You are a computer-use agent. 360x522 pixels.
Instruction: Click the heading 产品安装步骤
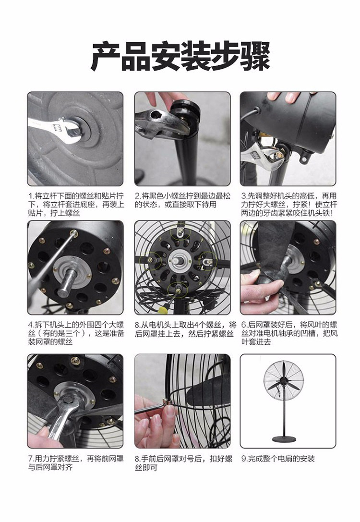coord(180,56)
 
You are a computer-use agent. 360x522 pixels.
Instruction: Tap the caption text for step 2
coord(182,200)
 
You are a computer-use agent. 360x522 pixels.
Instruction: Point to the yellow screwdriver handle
coord(162,311)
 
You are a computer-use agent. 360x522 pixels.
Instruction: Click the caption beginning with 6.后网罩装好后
coord(289,333)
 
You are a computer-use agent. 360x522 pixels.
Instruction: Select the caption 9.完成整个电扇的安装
coord(278,459)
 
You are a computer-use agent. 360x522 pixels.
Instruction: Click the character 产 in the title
coord(106,56)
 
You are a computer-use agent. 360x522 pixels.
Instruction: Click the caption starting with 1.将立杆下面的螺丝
coord(75,204)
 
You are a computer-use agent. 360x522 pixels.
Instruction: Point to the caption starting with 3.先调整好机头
coord(289,204)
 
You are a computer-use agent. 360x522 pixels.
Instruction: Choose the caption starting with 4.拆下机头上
coord(76,333)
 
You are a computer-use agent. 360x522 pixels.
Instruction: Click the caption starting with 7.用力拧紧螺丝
coord(76,463)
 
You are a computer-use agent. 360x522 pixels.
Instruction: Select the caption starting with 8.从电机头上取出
coord(185,329)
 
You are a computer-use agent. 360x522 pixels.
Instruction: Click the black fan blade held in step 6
coord(276,253)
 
